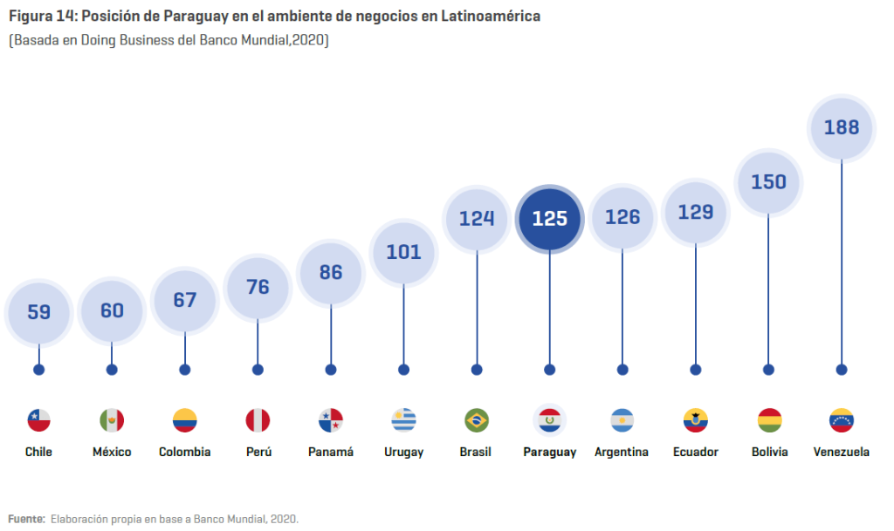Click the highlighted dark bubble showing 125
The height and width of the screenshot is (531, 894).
coord(549,218)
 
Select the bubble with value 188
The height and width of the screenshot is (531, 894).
coord(842,127)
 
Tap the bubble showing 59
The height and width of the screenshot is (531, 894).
coord(38,311)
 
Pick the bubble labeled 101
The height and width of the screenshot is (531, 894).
coord(403,252)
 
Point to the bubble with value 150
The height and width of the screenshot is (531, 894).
coord(768,182)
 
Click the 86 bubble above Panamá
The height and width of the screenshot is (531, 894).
coord(331,272)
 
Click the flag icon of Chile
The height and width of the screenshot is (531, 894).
coord(38,420)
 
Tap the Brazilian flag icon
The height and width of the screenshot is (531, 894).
coord(477,420)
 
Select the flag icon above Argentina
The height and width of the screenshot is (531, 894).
coord(622,420)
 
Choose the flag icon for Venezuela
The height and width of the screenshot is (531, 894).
coord(842,420)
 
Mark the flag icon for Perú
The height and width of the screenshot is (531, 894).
coord(258,420)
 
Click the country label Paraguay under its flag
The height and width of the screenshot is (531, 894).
coord(549,453)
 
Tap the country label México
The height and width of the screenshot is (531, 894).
coord(112,452)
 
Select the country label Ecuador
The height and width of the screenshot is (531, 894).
coord(696,452)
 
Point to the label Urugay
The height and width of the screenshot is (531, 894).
coord(403,453)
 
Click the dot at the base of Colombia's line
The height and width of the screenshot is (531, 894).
coord(185,370)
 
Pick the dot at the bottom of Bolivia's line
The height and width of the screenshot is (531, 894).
coord(768,370)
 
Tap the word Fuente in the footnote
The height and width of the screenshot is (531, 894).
coord(25,519)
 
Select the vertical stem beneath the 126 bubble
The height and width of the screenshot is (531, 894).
coord(622,305)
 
